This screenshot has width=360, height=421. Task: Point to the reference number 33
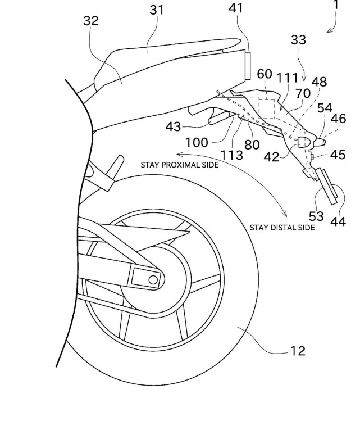[299, 40]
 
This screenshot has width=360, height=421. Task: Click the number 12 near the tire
[298, 351]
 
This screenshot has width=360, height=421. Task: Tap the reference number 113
[232, 153]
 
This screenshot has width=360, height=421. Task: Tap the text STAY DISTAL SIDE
[282, 228]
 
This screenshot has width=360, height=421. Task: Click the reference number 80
[252, 144]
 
